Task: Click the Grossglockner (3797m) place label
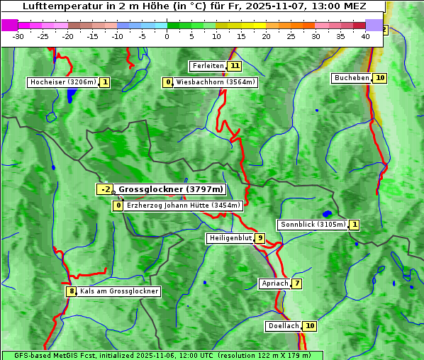point(170,189)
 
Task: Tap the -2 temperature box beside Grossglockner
point(104,189)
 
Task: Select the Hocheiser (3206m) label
point(62,82)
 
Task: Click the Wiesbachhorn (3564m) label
point(216,82)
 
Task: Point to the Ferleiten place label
point(208,66)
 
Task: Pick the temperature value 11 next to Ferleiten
point(234,66)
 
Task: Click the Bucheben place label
point(352,78)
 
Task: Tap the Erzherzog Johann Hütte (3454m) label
point(184,206)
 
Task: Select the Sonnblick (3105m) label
point(313,225)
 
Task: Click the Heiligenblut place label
point(230,238)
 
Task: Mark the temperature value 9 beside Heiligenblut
point(260,238)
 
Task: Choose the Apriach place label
point(275,283)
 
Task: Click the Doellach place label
point(284,326)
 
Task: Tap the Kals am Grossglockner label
point(119,291)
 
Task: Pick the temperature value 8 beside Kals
point(71,291)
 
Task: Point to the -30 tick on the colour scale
point(18,35)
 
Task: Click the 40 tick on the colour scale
point(365,35)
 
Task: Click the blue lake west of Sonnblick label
point(327,213)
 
